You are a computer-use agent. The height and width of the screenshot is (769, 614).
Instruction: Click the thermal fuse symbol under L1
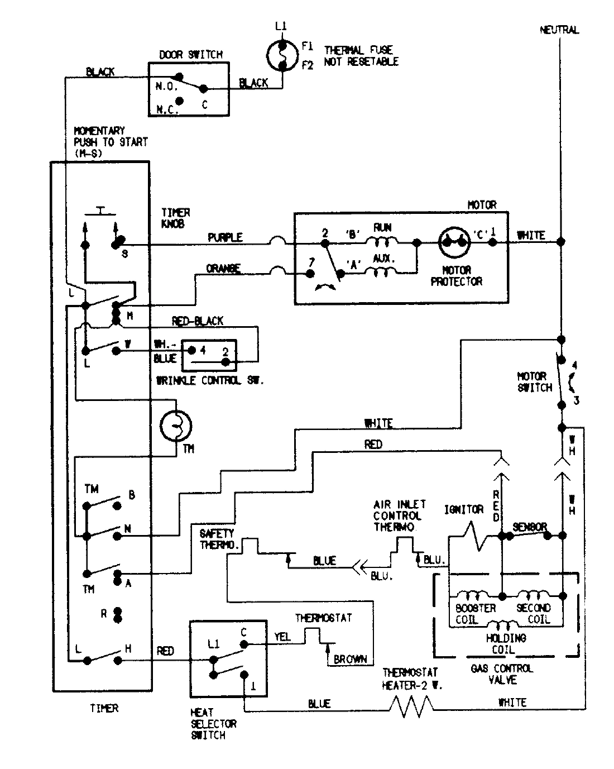[x=282, y=55]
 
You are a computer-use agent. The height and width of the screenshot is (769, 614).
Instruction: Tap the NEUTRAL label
[x=559, y=30]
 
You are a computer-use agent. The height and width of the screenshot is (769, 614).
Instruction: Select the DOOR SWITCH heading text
[x=191, y=55]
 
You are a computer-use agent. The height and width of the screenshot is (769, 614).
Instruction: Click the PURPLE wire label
[x=225, y=237]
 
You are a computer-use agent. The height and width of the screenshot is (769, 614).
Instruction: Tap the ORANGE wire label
[x=223, y=269]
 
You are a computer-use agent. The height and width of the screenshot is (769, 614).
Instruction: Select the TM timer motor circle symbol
[x=176, y=427]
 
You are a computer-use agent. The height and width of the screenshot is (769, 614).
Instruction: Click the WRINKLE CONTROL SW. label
[x=209, y=380]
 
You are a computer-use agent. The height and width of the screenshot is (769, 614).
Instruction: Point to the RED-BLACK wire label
[x=198, y=321]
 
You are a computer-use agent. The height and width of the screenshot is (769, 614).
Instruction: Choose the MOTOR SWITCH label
[x=534, y=382]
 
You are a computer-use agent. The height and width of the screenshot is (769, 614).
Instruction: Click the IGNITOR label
[x=463, y=509]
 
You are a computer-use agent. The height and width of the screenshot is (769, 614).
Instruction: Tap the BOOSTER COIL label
[x=476, y=614]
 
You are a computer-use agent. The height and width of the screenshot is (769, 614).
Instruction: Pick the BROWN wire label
[x=350, y=659]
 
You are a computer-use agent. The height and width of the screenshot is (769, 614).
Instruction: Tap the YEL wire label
[x=282, y=637]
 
